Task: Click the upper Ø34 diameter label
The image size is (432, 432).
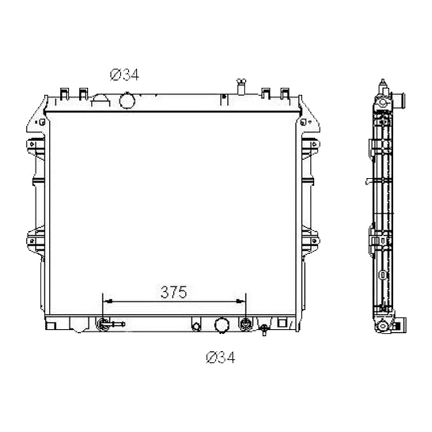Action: (124, 76)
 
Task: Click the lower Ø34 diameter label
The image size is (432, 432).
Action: (220, 358)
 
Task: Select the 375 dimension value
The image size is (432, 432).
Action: (173, 292)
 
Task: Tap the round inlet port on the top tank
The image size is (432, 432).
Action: (127, 100)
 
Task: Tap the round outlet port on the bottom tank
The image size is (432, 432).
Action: (222, 325)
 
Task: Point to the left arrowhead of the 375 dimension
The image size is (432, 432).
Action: (105, 301)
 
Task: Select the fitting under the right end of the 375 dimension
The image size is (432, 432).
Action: (245, 325)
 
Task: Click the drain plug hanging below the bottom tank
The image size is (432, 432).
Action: (264, 330)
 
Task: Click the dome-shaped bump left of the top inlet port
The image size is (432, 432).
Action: (102, 99)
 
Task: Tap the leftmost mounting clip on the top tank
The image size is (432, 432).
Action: (64, 93)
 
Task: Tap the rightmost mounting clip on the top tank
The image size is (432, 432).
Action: (285, 93)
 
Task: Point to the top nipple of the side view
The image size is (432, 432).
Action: (382, 84)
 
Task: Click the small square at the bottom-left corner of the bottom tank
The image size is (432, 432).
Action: (52, 325)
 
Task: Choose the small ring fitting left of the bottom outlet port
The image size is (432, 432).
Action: (196, 327)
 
